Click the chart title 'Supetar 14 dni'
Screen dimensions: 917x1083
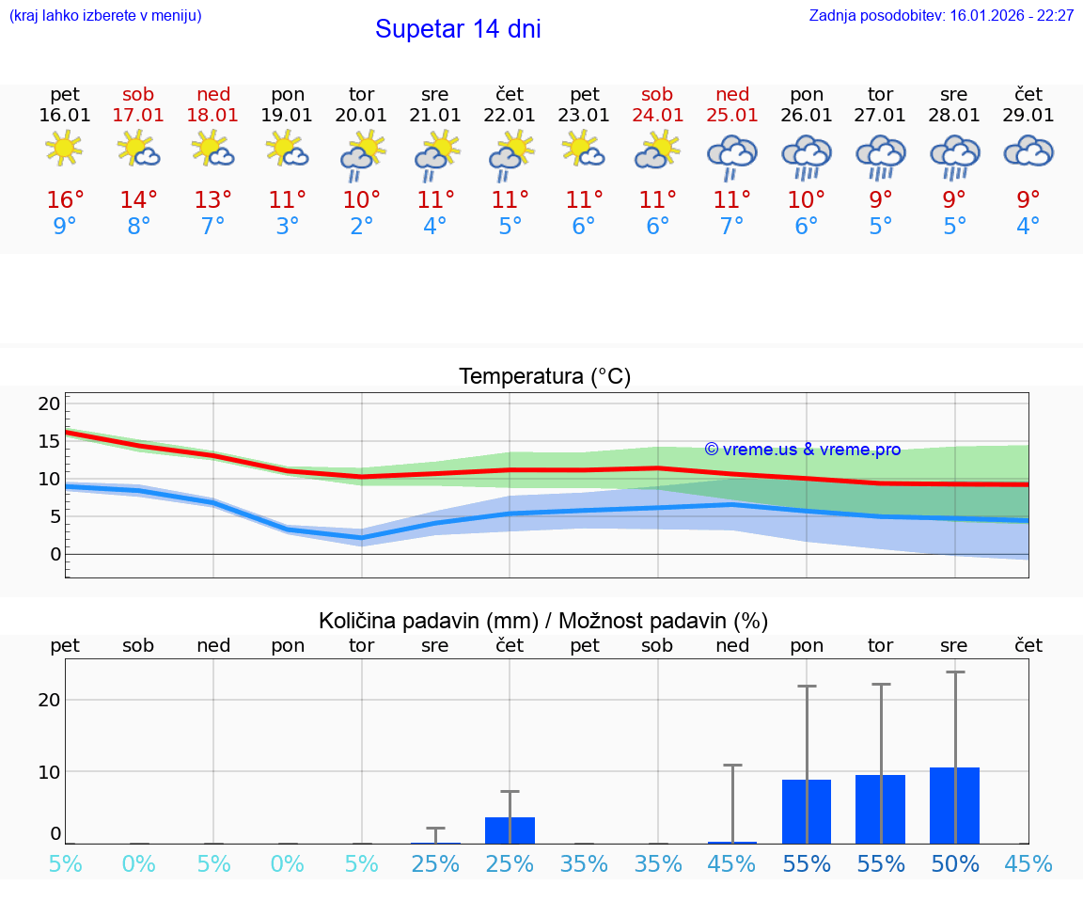click(458, 29)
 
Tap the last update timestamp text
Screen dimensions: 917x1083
click(941, 15)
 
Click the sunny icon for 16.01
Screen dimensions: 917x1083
click(64, 150)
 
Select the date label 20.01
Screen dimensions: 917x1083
click(361, 115)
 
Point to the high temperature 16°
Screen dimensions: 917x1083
click(65, 200)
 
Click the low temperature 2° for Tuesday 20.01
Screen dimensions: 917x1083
click(361, 227)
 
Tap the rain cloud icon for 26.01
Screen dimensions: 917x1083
click(807, 153)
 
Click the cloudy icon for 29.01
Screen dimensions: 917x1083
click(1028, 150)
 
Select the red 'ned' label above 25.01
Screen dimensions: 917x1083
click(732, 94)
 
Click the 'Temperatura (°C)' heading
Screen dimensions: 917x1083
click(544, 377)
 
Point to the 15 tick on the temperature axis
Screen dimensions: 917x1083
click(49, 441)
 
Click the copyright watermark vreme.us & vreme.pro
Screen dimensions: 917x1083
click(802, 450)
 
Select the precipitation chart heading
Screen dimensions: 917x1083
click(543, 621)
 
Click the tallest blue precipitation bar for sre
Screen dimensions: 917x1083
click(954, 806)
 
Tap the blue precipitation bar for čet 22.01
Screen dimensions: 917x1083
click(510, 830)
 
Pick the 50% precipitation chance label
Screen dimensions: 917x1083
click(954, 864)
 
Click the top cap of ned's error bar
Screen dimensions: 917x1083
click(732, 766)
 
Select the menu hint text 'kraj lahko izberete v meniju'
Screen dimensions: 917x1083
click(104, 15)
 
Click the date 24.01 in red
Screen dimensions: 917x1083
click(657, 115)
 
